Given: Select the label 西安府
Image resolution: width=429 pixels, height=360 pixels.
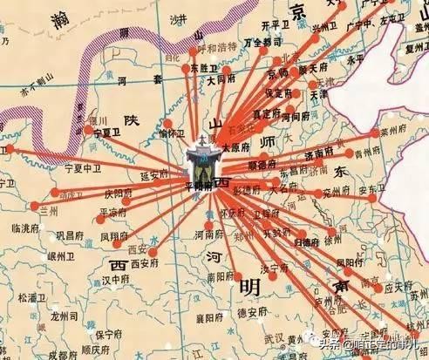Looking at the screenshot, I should (x=144, y=262).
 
